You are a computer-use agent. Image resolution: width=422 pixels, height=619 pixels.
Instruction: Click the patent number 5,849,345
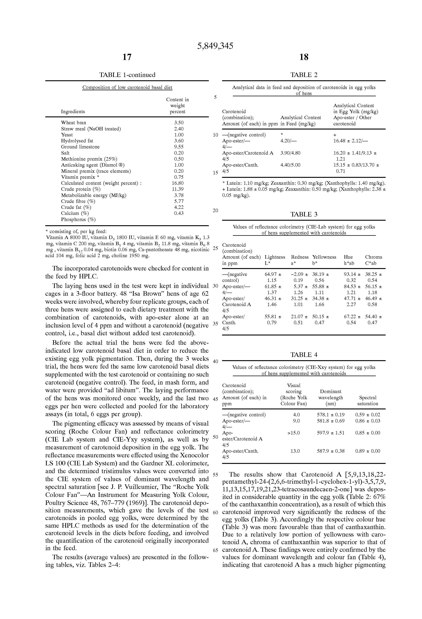(x=215, y=46)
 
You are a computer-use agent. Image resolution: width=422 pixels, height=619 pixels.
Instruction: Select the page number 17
(x=127, y=57)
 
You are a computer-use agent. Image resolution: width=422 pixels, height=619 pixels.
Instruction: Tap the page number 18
(x=304, y=57)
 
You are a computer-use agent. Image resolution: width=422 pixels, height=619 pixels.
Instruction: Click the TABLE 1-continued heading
(x=127, y=75)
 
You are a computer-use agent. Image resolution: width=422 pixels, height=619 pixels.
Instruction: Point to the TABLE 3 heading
(x=304, y=214)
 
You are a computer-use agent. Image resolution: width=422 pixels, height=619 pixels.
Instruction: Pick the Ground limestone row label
(x=80, y=147)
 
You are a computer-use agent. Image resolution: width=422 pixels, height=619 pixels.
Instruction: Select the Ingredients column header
(x=73, y=112)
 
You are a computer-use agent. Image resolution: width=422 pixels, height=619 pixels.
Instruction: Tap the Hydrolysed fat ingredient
(x=77, y=141)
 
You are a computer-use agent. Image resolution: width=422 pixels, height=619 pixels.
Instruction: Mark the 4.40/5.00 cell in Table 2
(x=290, y=165)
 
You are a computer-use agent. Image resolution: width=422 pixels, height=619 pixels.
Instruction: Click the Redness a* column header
(x=300, y=260)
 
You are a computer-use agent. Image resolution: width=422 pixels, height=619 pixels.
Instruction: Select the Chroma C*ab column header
(x=373, y=260)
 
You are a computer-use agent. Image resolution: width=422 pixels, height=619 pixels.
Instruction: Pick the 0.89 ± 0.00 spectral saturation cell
(x=368, y=451)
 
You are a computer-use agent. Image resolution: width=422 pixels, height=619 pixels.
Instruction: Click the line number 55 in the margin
(x=216, y=475)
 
